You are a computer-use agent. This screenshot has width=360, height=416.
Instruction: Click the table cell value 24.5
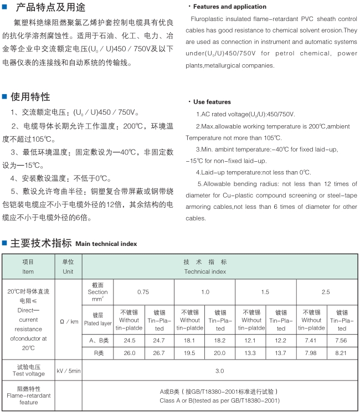pyautogui.click(x=130, y=340)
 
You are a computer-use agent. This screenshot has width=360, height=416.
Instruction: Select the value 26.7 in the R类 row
pyautogui.click(x=160, y=353)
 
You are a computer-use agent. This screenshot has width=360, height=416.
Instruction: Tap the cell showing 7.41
pyautogui.click(x=311, y=340)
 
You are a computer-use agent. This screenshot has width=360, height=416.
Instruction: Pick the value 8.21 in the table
pyautogui.click(x=342, y=353)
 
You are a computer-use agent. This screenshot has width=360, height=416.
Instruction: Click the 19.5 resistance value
pyautogui.click(x=189, y=353)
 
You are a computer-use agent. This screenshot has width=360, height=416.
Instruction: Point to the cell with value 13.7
pyautogui.click(x=281, y=353)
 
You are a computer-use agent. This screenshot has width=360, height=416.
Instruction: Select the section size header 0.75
pyautogui.click(x=143, y=291)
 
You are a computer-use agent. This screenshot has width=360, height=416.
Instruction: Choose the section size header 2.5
pyautogui.click(x=326, y=291)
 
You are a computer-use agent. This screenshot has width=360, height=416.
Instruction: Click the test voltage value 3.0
pyautogui.click(x=220, y=371)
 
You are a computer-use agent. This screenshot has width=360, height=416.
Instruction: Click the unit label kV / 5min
pyautogui.click(x=68, y=371)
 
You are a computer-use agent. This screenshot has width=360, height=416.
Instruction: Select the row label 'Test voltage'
pyautogui.click(x=29, y=374)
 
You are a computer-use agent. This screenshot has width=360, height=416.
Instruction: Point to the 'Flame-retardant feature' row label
pyautogui.click(x=29, y=399)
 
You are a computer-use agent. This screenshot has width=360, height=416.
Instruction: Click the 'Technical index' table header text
pyautogui.click(x=205, y=272)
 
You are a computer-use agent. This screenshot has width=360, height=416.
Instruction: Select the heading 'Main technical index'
pyautogui.click(x=106, y=244)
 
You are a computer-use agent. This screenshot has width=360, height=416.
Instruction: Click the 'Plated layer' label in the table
pyautogui.click(x=98, y=323)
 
